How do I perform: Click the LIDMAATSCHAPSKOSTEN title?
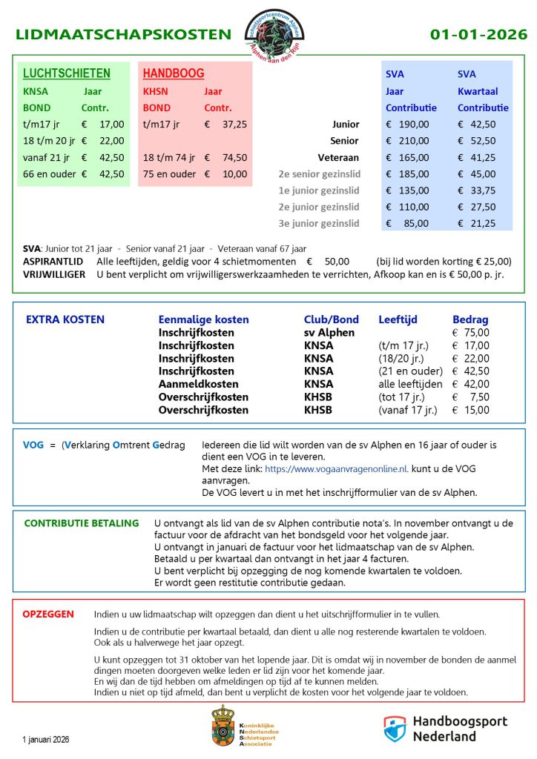click(x=123, y=34)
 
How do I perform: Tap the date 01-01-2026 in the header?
click(x=478, y=34)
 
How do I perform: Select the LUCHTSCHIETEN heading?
click(x=67, y=73)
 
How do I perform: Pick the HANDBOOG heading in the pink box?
click(x=174, y=73)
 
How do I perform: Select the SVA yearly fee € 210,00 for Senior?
click(x=407, y=141)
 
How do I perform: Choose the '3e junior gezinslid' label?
click(x=319, y=223)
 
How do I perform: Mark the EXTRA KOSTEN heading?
click(x=65, y=319)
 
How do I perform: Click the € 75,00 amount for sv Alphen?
click(x=471, y=333)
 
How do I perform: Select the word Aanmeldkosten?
click(x=198, y=384)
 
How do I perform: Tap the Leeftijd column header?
click(x=398, y=319)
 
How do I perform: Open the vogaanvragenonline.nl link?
click(x=336, y=469)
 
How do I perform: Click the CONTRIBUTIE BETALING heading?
click(x=82, y=523)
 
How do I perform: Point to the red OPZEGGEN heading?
click(x=47, y=614)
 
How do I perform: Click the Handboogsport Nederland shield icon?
click(x=394, y=728)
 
